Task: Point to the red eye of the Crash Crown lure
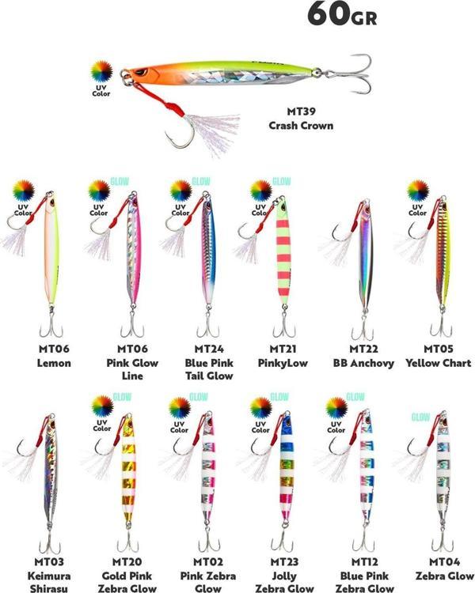(x=140, y=74)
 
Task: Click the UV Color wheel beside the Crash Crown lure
(x=101, y=73)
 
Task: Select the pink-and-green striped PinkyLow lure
(x=281, y=253)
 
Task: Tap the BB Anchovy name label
(x=364, y=364)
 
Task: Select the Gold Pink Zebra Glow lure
(x=127, y=474)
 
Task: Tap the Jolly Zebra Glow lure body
(x=283, y=474)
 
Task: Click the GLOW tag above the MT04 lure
(x=420, y=417)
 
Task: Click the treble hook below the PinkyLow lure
(x=283, y=324)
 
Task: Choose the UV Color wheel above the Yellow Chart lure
(x=417, y=191)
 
